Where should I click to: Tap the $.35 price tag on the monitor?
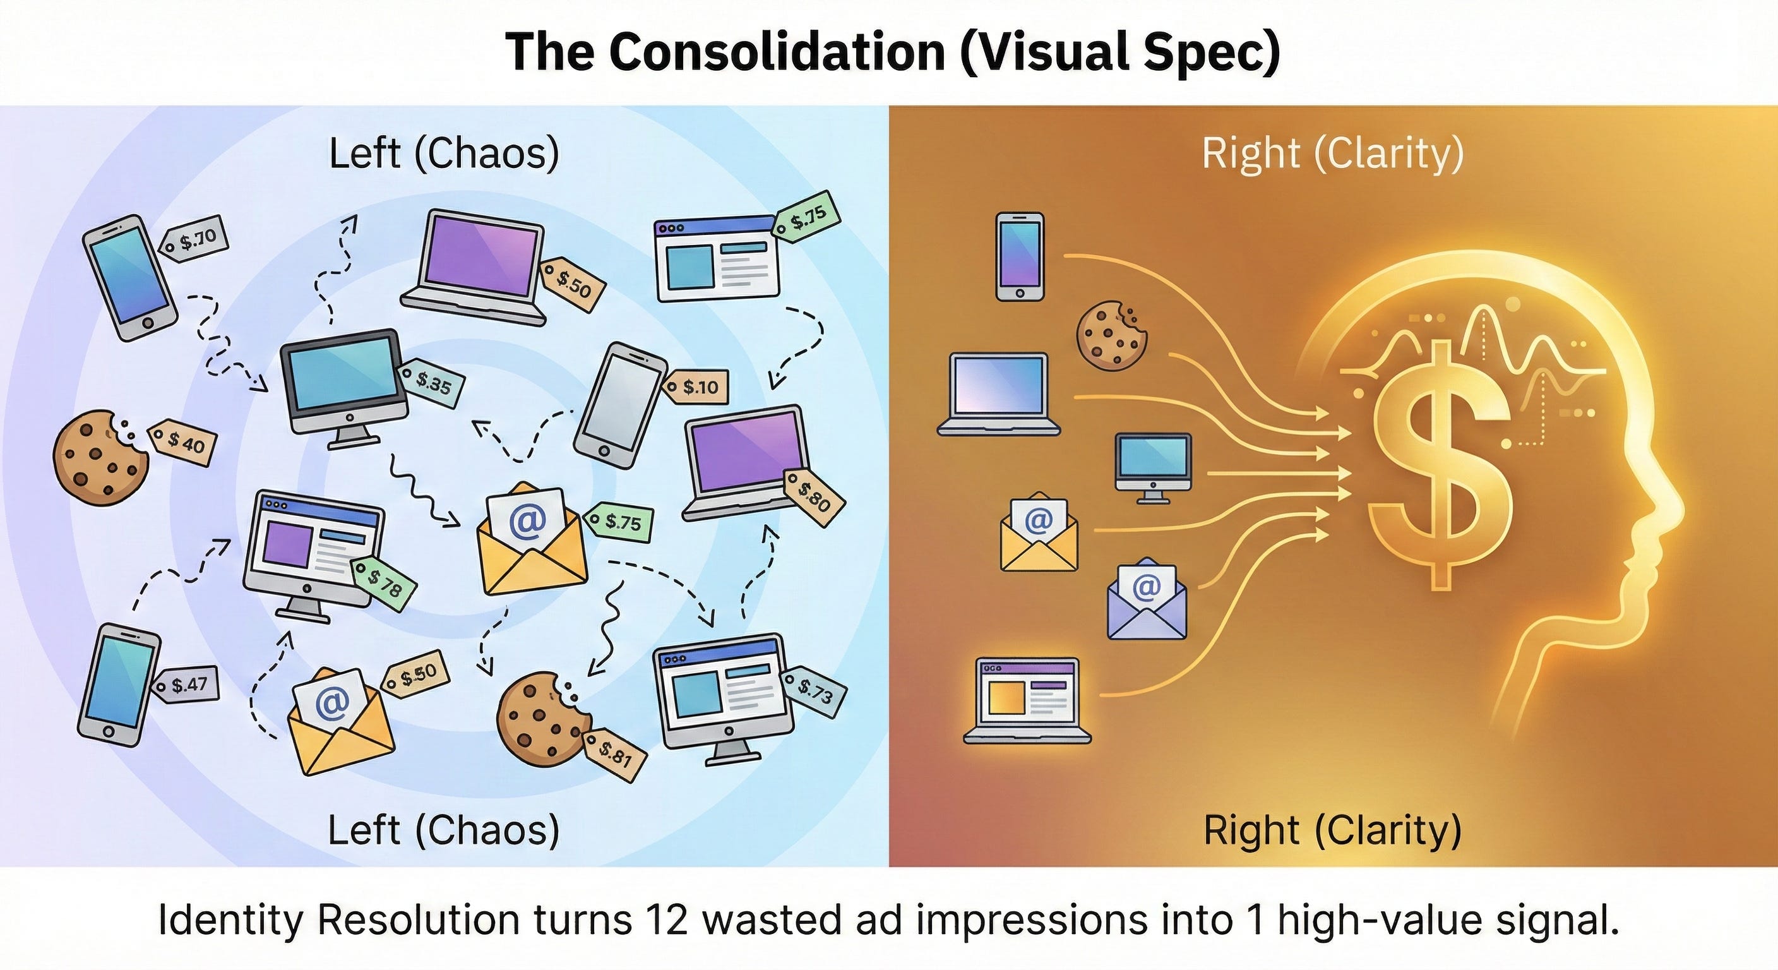[433, 382]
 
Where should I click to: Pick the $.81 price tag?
[614, 755]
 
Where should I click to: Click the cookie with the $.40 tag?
[99, 453]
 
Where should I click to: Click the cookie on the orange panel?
[1111, 335]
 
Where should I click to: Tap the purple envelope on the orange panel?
[1147, 599]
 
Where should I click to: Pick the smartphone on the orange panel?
[1020, 256]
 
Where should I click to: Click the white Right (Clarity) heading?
[1332, 153]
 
